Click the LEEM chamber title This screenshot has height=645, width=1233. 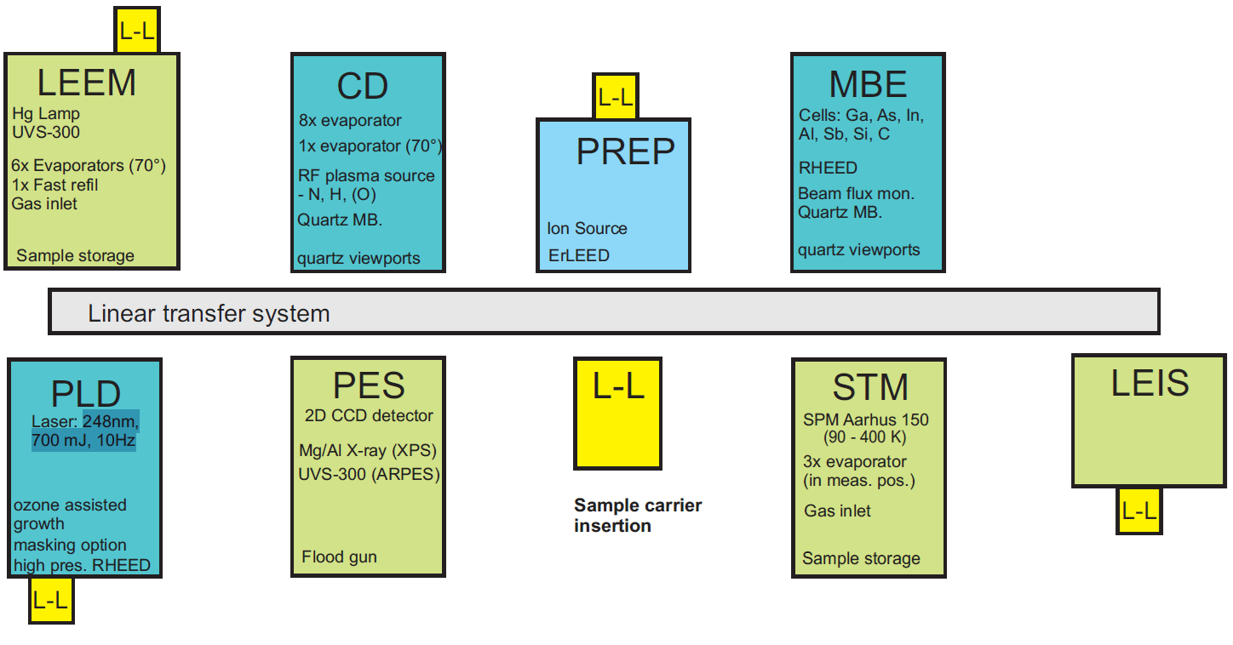(86, 83)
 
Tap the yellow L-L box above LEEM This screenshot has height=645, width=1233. (137, 31)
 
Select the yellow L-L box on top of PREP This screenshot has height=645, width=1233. (616, 97)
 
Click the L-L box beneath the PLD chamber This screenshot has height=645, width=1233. (51, 599)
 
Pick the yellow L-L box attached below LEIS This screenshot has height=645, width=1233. (1139, 511)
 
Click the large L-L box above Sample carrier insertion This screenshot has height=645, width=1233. (617, 414)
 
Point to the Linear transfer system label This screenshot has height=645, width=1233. (209, 313)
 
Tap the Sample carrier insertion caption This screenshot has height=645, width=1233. (638, 515)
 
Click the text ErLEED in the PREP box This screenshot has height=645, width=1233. (578, 255)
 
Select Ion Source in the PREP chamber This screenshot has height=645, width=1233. (587, 228)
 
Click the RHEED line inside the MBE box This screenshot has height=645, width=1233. (828, 168)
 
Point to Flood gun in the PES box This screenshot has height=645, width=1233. (339, 557)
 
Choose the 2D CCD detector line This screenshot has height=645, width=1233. (369, 416)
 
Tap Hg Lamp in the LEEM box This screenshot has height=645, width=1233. (46, 114)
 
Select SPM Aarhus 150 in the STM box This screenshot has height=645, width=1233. (865, 420)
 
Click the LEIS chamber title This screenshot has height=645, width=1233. (1150, 383)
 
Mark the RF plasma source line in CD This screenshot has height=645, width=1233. (366, 176)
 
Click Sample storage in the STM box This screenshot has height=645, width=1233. (861, 559)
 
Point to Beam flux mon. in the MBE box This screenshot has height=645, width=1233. (856, 193)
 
